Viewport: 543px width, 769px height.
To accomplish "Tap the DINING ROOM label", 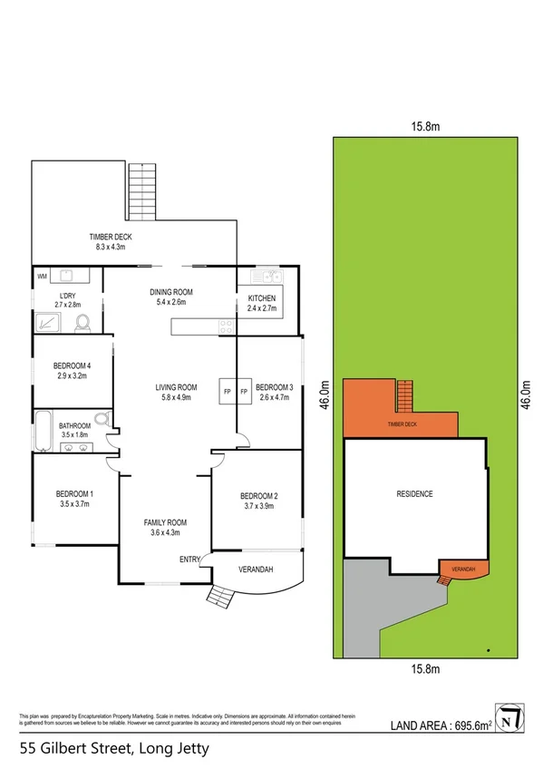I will pos(172,292).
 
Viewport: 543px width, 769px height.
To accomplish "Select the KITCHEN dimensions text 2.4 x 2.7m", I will pos(261,308).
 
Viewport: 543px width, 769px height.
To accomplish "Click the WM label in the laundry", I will pos(42,276).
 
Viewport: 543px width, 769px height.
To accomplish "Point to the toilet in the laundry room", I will pos(82,321).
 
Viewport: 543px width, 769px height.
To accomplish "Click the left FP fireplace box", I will pos(227,392).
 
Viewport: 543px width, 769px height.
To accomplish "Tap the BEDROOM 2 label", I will pos(258,495).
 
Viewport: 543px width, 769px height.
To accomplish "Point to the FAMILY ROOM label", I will pos(165,522).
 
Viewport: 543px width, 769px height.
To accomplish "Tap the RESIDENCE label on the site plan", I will pos(414,494).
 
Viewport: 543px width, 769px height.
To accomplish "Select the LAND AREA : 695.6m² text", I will pos(441,725).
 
